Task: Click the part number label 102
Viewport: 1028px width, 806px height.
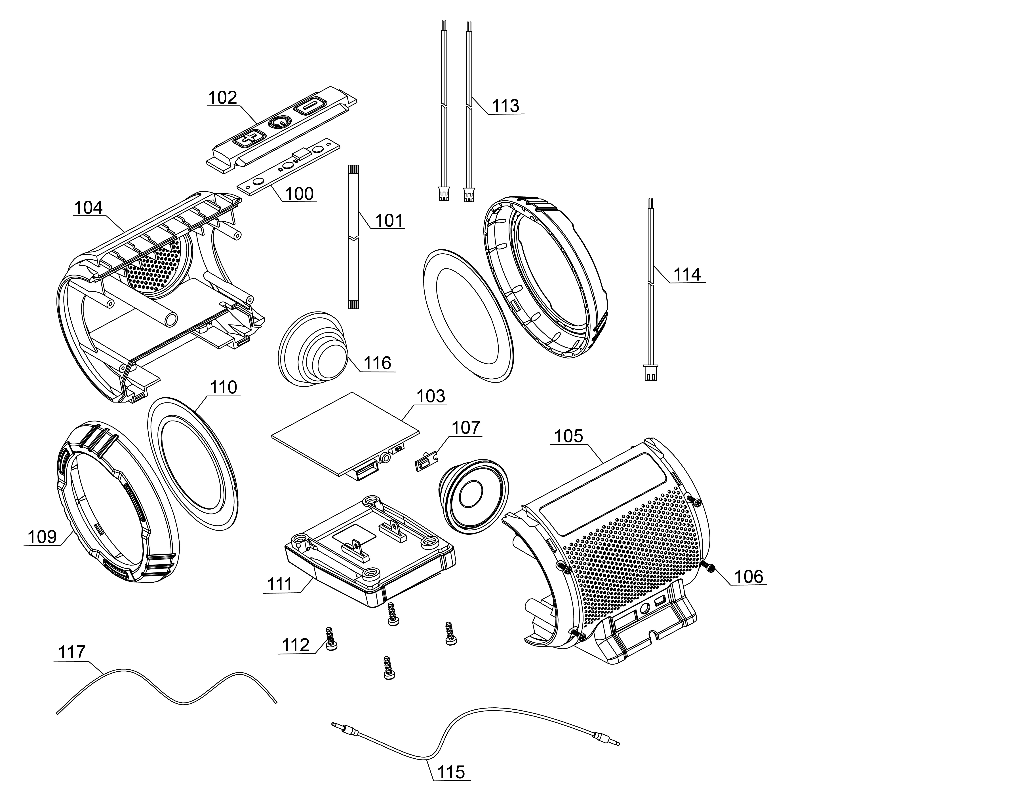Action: (x=222, y=98)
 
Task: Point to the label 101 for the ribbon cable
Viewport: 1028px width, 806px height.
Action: (x=389, y=220)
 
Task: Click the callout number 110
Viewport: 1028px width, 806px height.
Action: (x=223, y=387)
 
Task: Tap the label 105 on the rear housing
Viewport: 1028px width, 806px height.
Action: (x=568, y=436)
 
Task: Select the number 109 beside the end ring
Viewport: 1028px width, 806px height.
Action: (x=42, y=536)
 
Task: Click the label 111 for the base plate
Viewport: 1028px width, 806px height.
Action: (x=280, y=584)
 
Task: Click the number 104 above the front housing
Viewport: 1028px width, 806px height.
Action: (x=88, y=207)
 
